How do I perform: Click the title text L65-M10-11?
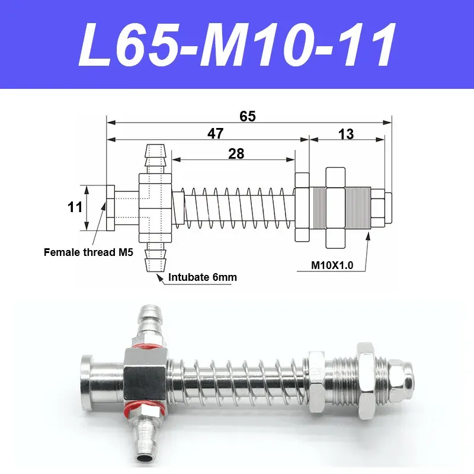pos(237,44)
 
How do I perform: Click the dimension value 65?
pos(248,116)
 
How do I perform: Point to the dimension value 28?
pos(236,153)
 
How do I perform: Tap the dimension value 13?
pos(346,134)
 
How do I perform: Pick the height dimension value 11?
pos(75,207)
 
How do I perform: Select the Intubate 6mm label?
pos(199,277)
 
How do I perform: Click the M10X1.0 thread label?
pos(332,265)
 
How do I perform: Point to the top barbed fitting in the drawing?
pos(155,158)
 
